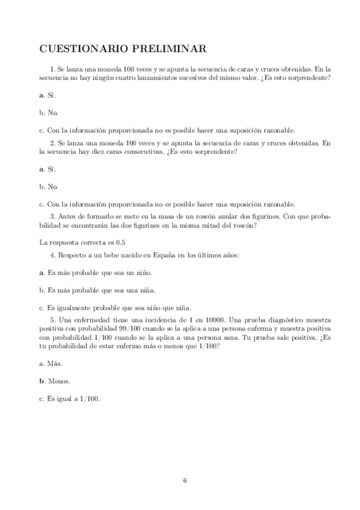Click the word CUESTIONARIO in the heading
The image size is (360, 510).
point(84,48)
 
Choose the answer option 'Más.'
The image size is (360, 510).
point(53,364)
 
